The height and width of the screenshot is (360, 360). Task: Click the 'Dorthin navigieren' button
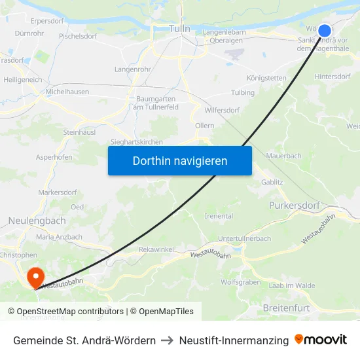click(x=180, y=160)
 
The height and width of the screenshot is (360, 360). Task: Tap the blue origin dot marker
click(x=324, y=30)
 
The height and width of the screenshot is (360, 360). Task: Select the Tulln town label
click(x=179, y=29)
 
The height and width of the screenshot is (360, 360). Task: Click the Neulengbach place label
click(x=37, y=221)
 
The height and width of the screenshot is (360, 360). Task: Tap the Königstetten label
click(x=266, y=78)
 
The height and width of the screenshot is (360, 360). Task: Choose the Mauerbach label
click(x=285, y=156)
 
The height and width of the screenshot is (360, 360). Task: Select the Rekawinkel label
click(x=156, y=250)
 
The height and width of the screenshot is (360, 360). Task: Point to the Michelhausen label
click(x=67, y=92)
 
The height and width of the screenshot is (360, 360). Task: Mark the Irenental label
click(x=219, y=216)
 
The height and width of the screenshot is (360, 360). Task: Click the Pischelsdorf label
click(x=79, y=37)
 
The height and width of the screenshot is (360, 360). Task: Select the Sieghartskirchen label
click(x=137, y=141)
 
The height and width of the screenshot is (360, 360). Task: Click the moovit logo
click(x=321, y=340)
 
